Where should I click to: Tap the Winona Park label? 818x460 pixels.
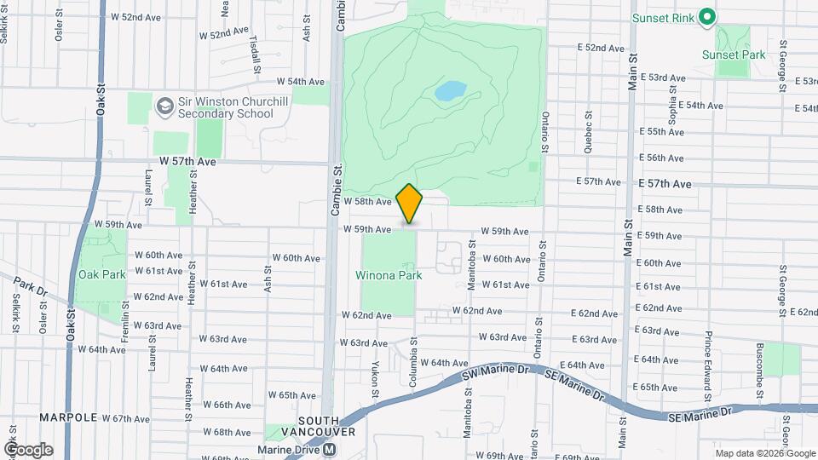point(389,276)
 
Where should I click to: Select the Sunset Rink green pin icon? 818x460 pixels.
point(706,17)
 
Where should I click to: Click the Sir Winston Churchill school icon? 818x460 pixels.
point(164,106)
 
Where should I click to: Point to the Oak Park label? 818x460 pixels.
point(101,274)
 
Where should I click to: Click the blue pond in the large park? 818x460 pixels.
point(451,90)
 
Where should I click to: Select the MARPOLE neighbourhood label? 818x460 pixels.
point(69,418)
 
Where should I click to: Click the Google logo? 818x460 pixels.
point(28,449)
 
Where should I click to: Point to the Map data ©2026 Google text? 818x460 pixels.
point(764,452)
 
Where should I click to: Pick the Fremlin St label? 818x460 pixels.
point(124,325)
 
